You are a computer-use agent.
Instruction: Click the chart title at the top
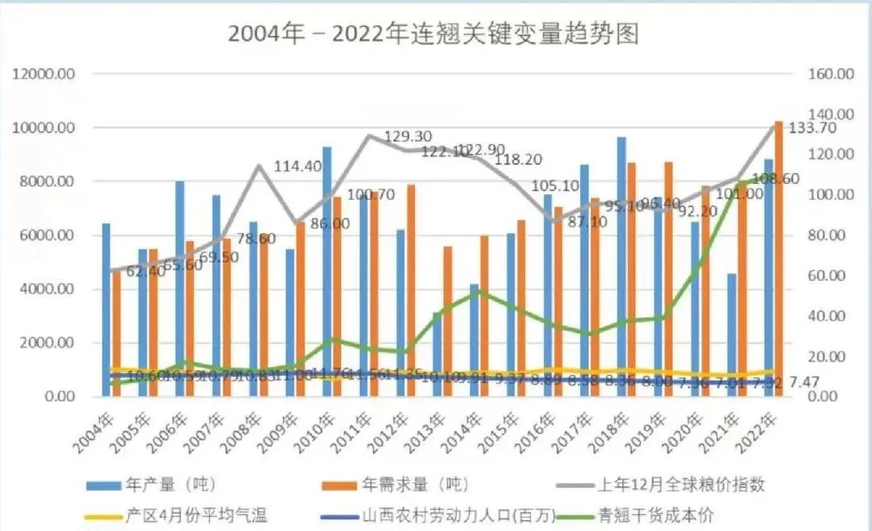[434, 34]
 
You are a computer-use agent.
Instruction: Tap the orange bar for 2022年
[779, 259]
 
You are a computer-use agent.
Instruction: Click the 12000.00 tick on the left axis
[45, 74]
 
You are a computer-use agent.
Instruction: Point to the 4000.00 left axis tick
[49, 289]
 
